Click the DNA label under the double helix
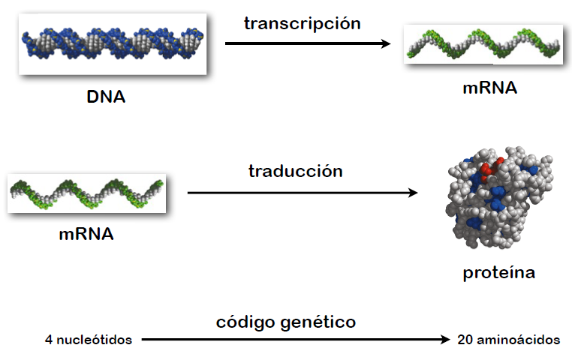click(x=105, y=97)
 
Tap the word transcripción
click(x=302, y=23)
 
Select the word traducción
click(x=295, y=171)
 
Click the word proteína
click(x=498, y=272)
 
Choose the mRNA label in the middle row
click(x=86, y=233)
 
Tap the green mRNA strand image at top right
click(x=483, y=45)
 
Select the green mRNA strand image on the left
click(x=86, y=193)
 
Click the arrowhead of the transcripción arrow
click(x=386, y=43)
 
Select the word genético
click(x=319, y=322)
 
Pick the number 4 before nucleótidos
click(x=48, y=340)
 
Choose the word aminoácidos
click(x=519, y=340)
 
